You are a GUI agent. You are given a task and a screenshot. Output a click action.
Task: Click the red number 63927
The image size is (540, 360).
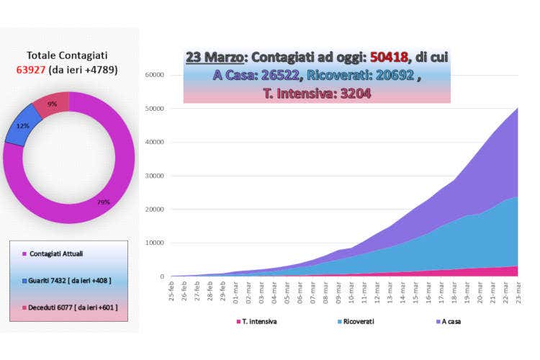tap(31, 70)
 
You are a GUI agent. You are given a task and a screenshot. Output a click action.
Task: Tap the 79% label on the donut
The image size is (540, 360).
tap(104, 202)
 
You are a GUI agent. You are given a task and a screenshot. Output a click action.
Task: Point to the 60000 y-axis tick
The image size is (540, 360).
tap(155, 75)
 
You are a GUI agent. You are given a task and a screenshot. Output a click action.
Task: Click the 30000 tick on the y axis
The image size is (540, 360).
tap(155, 176)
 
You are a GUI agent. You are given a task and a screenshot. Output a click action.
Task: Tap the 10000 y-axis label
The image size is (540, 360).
tap(155, 243)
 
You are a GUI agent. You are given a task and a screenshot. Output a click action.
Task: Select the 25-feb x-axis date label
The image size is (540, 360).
tap(172, 291)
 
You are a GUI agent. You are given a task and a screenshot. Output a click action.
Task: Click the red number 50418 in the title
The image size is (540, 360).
tap(390, 58)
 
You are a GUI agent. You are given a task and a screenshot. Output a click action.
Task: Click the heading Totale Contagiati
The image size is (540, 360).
tap(68, 55)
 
